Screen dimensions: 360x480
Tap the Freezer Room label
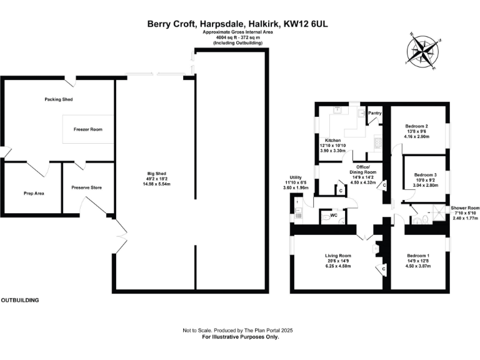click(x=87, y=129)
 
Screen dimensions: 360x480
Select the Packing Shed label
click(x=59, y=99)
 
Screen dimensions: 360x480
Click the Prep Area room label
click(x=34, y=193)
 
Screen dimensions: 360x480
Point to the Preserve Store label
click(x=87, y=187)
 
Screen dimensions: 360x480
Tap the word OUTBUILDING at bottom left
click(x=19, y=300)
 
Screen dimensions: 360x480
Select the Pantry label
click(x=375, y=113)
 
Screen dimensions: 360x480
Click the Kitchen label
click(x=332, y=140)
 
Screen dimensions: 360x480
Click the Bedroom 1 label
click(x=418, y=256)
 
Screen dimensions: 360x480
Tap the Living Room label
click(x=337, y=256)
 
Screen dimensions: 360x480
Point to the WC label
click(x=334, y=216)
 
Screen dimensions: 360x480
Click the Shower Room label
click(x=465, y=207)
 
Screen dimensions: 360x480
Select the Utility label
click(x=292, y=177)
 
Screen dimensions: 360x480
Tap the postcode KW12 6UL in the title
click(x=309, y=24)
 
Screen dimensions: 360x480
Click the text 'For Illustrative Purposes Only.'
click(x=240, y=337)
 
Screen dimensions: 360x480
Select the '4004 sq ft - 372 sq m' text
click(x=238, y=37)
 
